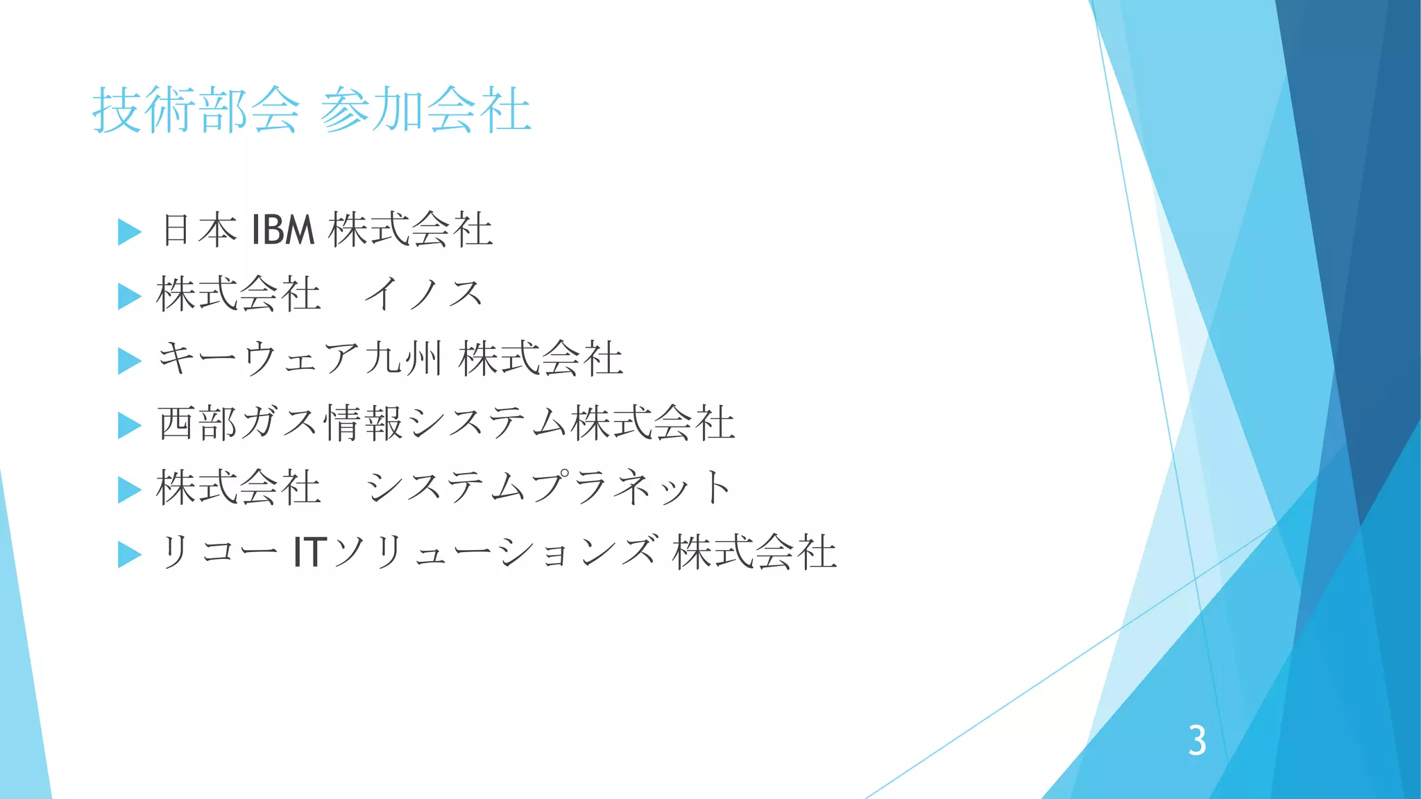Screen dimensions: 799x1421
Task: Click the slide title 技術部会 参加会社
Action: tap(312, 110)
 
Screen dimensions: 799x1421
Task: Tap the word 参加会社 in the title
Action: tap(425, 110)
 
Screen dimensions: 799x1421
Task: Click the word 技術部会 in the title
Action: tap(196, 110)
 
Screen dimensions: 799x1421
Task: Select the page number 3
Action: tap(1197, 741)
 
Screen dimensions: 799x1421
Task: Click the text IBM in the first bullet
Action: tap(283, 230)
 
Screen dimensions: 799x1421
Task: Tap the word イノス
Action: tap(423, 294)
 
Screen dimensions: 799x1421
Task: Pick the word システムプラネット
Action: tap(548, 488)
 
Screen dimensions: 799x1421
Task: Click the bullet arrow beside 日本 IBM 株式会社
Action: tap(130, 232)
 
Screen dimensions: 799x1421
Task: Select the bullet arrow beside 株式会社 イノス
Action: tap(130, 296)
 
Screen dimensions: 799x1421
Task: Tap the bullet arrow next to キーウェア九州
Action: tap(130, 361)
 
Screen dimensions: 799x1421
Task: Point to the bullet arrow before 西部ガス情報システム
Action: tap(130, 425)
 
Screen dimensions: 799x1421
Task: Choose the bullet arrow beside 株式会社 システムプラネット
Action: tap(130, 490)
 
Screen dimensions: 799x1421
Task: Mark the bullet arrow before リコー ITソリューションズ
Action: tap(130, 554)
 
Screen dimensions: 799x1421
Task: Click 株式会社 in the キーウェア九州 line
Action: tap(541, 359)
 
